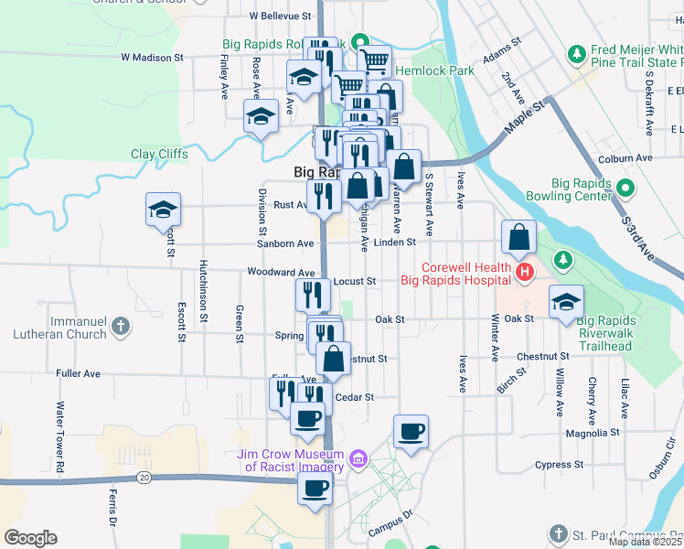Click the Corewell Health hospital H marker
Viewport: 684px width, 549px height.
click(524, 273)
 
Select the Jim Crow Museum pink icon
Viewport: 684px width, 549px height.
click(358, 458)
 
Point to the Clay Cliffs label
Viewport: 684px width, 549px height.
click(159, 155)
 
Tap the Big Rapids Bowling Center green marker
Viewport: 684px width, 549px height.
click(625, 189)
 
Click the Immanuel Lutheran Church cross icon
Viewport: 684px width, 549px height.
click(120, 325)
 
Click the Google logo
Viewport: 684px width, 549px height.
click(30, 538)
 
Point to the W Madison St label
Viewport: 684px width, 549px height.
click(153, 57)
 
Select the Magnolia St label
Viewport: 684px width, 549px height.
click(593, 432)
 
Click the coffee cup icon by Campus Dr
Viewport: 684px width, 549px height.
click(410, 431)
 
